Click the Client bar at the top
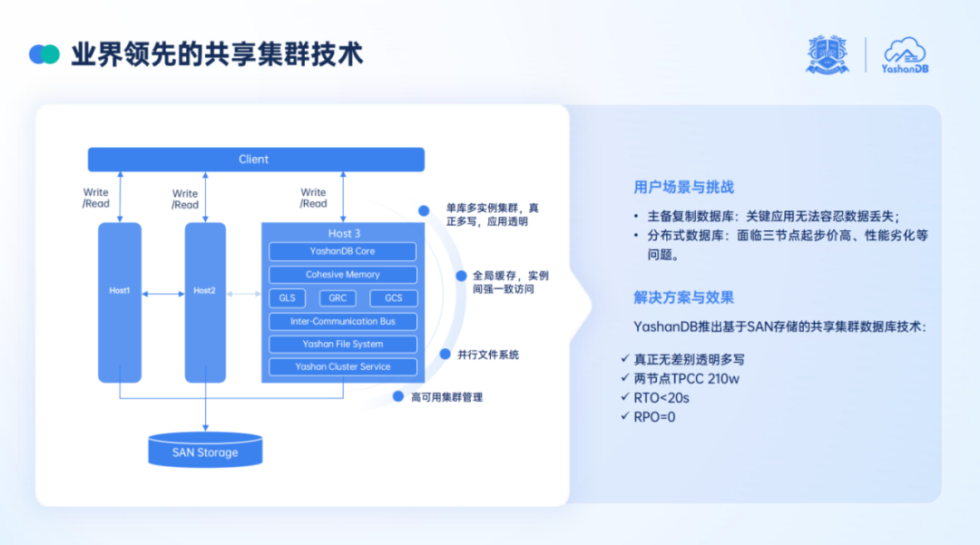[x=255, y=160]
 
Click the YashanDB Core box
[x=342, y=251]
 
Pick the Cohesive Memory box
[x=342, y=275]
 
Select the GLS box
[x=287, y=298]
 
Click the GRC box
[x=338, y=298]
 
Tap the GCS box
[x=393, y=298]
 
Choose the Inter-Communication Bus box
[x=342, y=322]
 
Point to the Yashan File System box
[x=342, y=345]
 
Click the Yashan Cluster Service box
[x=342, y=367]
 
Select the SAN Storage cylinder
[x=205, y=451]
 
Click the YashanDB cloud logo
[x=905, y=54]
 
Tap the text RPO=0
[x=654, y=417]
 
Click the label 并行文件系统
[x=488, y=355]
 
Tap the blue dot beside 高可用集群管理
[x=398, y=396]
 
